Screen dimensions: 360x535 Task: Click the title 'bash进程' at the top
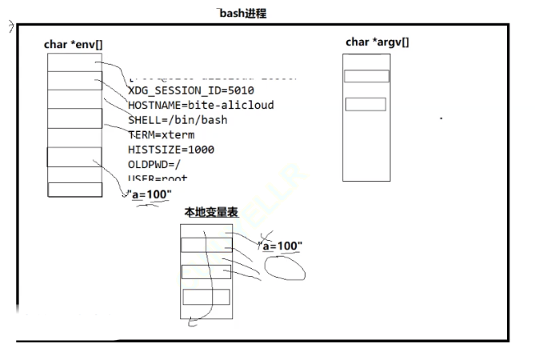coord(243,14)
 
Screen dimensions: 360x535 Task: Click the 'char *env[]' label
coord(73,44)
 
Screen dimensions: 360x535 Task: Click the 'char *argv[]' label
coord(377,42)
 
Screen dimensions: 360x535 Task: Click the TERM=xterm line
coord(161,134)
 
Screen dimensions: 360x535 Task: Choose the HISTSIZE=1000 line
coord(171,149)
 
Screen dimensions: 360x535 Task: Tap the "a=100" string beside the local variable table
coord(281,246)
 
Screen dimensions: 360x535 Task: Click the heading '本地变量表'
coord(211,213)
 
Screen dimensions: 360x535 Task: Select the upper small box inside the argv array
coord(366,76)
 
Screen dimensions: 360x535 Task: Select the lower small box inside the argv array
coord(366,104)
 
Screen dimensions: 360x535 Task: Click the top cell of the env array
coord(74,62)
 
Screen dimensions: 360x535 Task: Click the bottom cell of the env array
coord(74,190)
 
